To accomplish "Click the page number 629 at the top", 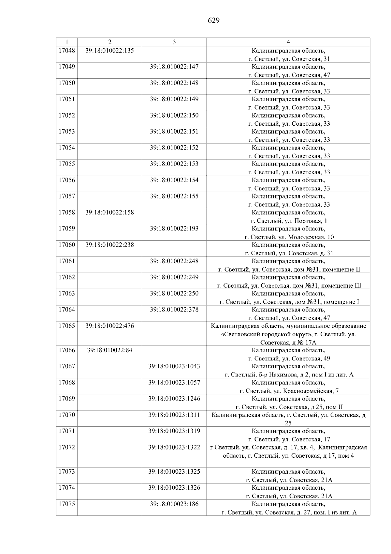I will (214, 21).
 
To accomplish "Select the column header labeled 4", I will (288, 42).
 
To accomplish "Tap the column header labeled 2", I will (109, 42).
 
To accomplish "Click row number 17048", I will (66, 51).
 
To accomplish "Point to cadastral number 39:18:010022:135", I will (109, 51).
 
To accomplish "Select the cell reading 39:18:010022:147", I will (174, 67).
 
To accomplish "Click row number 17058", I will (66, 213).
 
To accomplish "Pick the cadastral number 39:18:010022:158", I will (109, 213).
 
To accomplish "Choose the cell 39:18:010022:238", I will (109, 245).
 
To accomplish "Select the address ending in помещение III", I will (289, 286).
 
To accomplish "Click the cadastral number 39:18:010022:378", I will (174, 309).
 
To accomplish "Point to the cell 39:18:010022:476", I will (109, 326).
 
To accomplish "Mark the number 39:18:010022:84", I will (109, 350).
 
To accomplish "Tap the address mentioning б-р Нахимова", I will (289, 374).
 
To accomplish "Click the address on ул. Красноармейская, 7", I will (289, 391).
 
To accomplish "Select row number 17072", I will (66, 447).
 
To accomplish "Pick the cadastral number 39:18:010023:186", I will (174, 504).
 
